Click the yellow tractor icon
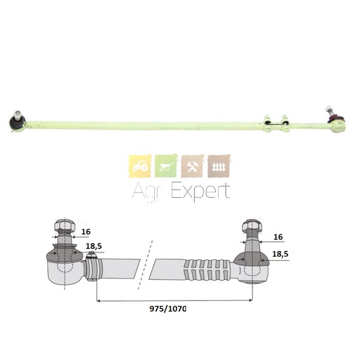[x=140, y=166]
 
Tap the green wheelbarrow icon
[x=166, y=166]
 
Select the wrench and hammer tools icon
[x=192, y=166]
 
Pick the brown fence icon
[x=219, y=166]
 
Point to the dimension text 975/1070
[x=168, y=309]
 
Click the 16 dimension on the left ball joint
[x=86, y=231]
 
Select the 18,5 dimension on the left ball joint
[x=94, y=246]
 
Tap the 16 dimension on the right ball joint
[x=278, y=237]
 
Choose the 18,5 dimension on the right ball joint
[x=280, y=254]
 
